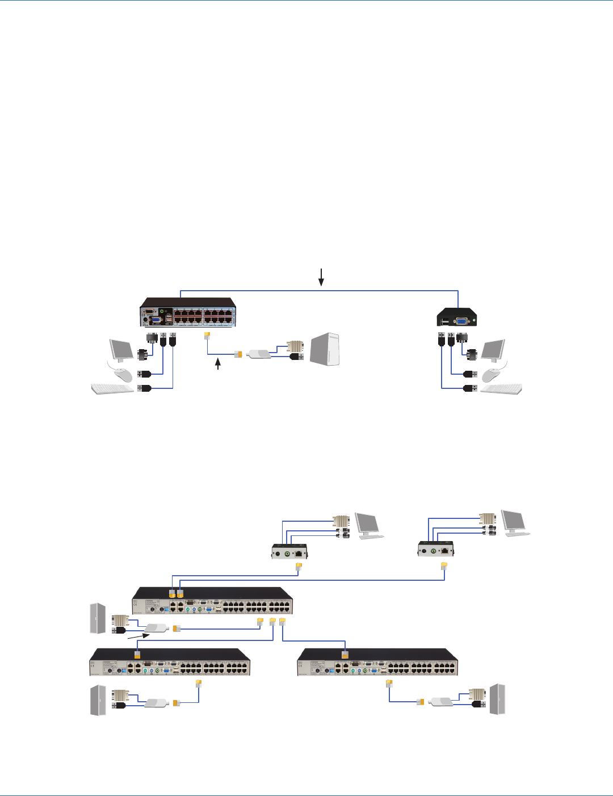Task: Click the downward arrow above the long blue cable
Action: [321, 276]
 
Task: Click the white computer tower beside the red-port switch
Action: [325, 350]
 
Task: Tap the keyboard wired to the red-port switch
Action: [112, 388]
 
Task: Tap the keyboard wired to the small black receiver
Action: [501, 389]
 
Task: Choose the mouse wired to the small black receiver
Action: [491, 375]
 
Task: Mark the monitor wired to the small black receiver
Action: [493, 350]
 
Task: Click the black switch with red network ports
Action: [188, 313]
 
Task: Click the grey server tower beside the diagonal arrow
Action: [98, 618]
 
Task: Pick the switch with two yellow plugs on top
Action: [212, 600]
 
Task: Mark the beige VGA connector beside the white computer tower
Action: [295, 346]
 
